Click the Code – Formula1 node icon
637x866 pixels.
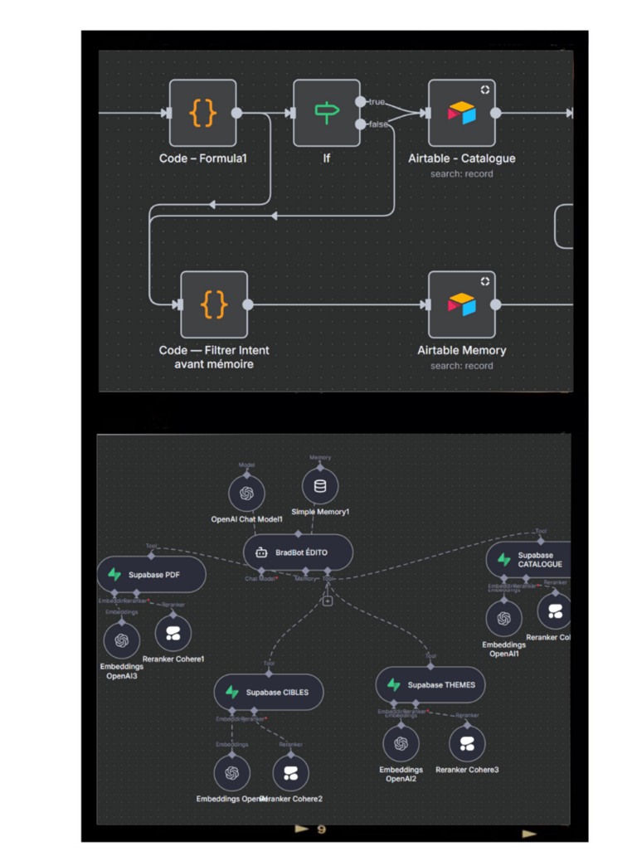point(203,113)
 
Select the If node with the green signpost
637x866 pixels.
point(326,113)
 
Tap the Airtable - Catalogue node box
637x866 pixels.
point(462,113)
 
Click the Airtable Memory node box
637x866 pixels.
point(462,304)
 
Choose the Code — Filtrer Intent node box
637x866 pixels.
point(214,304)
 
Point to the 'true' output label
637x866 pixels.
point(377,101)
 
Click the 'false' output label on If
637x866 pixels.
point(378,124)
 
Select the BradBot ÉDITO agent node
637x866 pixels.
point(299,552)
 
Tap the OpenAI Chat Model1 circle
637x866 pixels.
point(246,493)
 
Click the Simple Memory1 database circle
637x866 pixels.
point(320,487)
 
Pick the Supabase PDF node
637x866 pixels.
point(151,574)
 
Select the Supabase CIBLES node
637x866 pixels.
point(268,692)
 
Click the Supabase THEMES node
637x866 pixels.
point(430,685)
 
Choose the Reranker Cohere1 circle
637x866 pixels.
point(173,634)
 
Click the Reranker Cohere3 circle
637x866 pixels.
point(467,743)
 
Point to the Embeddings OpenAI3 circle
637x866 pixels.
point(122,640)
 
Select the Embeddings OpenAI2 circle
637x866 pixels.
point(401,743)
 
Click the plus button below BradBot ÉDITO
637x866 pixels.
point(328,601)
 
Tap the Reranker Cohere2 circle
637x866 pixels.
point(290,773)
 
